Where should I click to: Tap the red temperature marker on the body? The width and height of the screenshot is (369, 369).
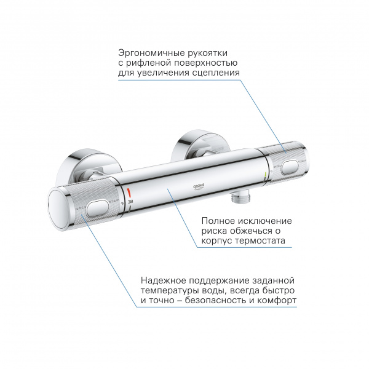[x=129, y=196]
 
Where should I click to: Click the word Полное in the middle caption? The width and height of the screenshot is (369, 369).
[x=219, y=221]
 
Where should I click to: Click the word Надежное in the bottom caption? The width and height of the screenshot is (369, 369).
[x=164, y=279]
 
